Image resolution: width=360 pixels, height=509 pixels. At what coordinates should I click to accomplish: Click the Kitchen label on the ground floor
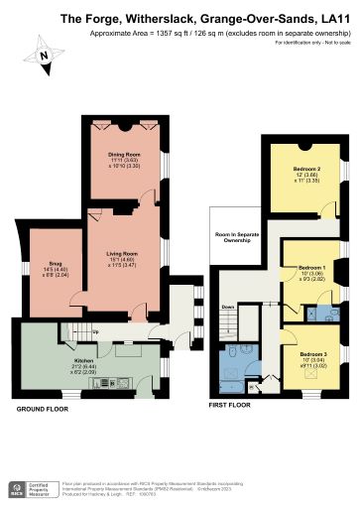pos(82,360)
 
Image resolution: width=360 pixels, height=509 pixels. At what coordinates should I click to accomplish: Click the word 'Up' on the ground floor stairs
pos(95,330)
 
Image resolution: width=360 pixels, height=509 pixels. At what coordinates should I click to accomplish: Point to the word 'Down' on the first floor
pos(228,307)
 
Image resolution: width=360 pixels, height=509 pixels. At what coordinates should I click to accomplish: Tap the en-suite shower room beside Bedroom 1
pos(323,312)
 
